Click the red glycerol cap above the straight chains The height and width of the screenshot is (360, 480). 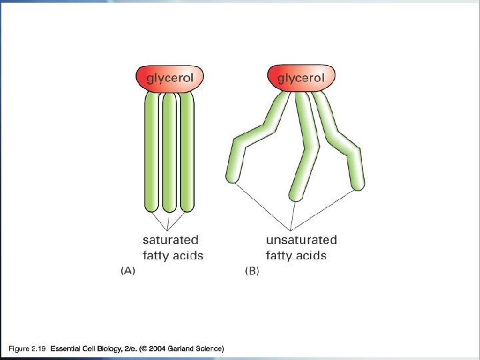169,78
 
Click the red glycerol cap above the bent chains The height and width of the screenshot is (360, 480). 301,78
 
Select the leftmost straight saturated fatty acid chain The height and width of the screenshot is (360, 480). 152,153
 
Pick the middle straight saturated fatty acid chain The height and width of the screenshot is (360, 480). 169,153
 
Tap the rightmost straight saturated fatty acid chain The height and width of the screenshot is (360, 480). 187,153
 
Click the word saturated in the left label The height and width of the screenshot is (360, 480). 171,239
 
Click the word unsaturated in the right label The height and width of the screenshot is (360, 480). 301,239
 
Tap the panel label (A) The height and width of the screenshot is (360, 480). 127,271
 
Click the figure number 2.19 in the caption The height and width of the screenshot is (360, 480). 37,349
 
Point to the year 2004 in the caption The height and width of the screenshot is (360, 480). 157,349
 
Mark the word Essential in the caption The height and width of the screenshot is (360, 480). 65,349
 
